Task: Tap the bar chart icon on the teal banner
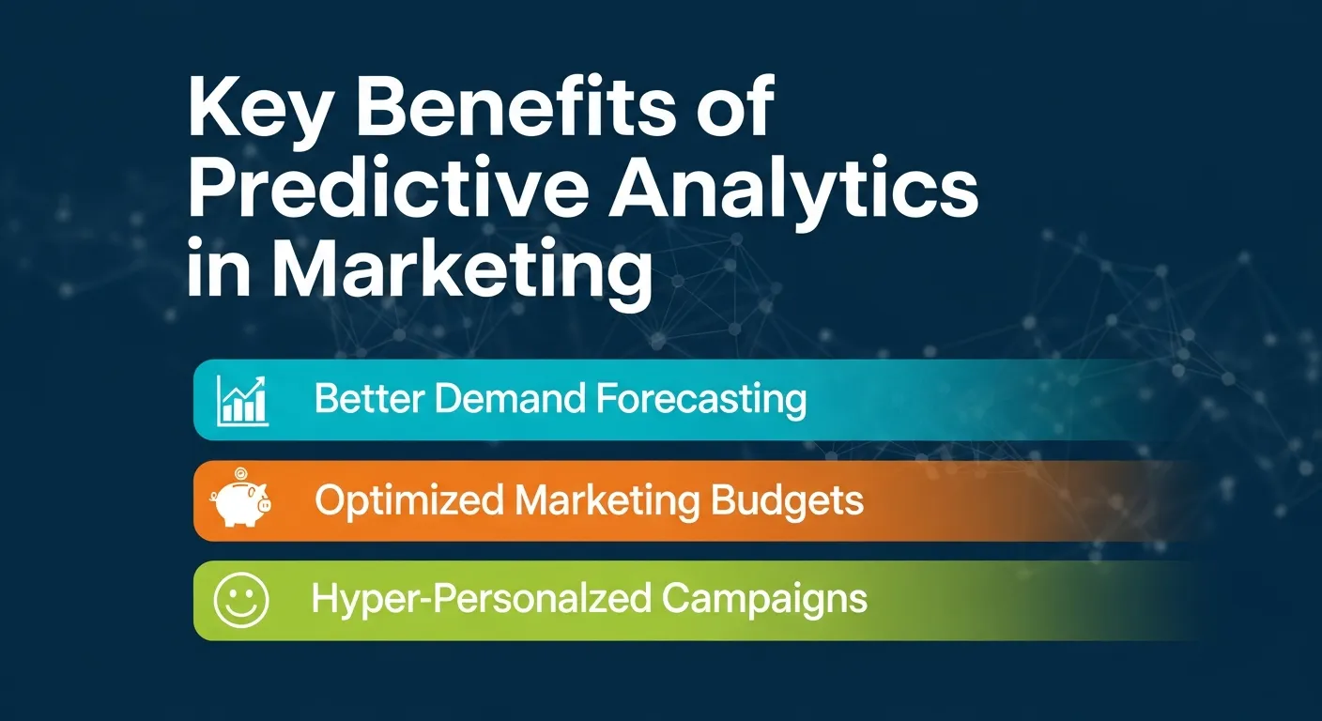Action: click(241, 400)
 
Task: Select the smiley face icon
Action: click(241, 600)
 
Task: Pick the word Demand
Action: click(504, 400)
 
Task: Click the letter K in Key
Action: click(213, 111)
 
